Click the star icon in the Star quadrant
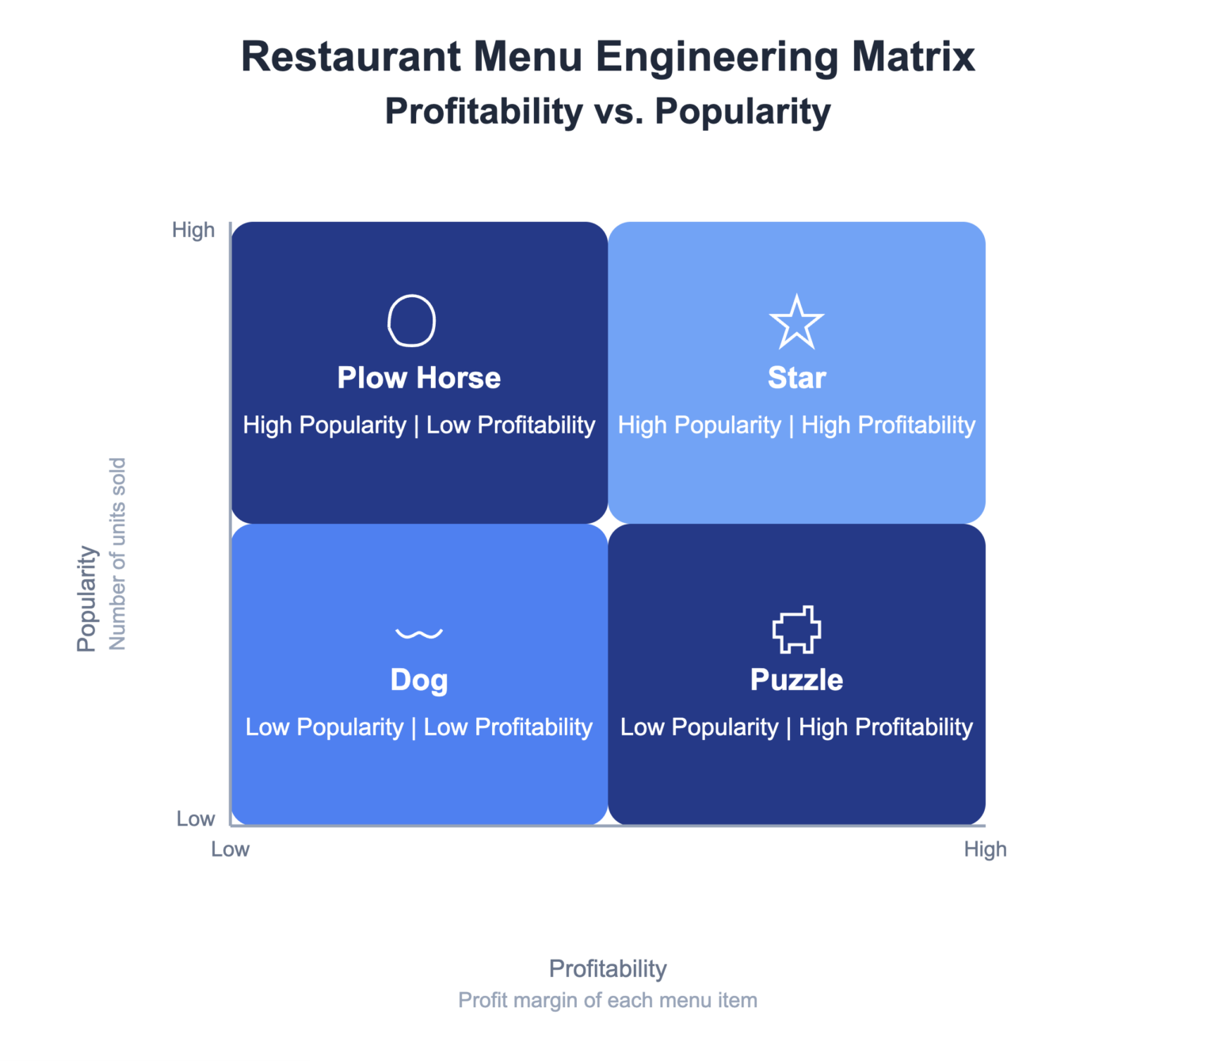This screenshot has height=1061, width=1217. click(796, 322)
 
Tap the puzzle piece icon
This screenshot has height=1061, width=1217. click(796, 630)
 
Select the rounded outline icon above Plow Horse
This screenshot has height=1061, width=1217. click(411, 321)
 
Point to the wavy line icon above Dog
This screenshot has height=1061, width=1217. click(419, 633)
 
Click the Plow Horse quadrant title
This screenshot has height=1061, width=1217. click(419, 378)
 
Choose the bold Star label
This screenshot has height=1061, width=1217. click(796, 378)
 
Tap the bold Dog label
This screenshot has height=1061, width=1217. click(419, 680)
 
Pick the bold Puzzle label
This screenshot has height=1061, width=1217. click(796, 680)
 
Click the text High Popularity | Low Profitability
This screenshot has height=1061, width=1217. click(419, 426)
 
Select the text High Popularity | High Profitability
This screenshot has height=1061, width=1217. click(796, 426)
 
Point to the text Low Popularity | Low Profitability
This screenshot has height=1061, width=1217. click(419, 727)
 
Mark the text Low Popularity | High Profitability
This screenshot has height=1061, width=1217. click(796, 727)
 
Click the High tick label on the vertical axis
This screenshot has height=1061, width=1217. click(193, 230)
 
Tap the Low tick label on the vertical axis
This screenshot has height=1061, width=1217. click(196, 819)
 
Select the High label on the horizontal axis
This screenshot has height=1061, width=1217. click(985, 849)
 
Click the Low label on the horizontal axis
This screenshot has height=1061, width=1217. click(230, 849)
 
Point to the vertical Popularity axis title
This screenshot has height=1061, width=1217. click(86, 598)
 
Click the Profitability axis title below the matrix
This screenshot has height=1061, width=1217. click(608, 968)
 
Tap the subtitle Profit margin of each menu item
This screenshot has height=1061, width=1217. click(608, 1000)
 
